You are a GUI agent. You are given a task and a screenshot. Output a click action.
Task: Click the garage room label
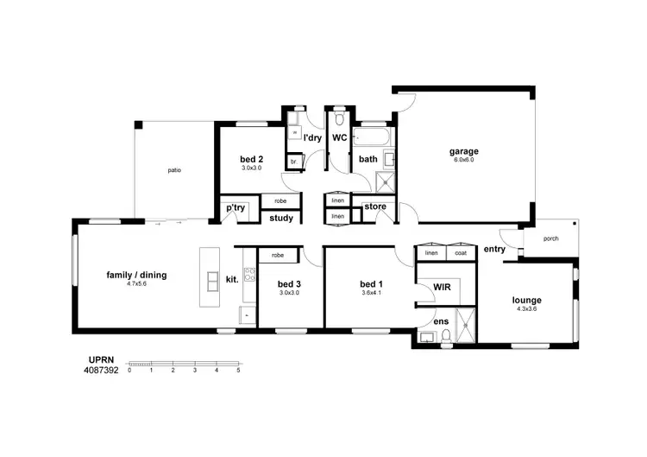(x=463, y=151)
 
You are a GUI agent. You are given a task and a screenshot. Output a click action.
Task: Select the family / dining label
(x=136, y=276)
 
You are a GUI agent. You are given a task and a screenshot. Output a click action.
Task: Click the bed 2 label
(x=251, y=159)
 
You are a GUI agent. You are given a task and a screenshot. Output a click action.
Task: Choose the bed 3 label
(x=290, y=283)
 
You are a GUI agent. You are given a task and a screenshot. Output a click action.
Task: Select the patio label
(x=174, y=170)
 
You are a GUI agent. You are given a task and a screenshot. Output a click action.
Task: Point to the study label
(x=281, y=219)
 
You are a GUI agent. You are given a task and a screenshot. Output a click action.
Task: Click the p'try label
(x=235, y=208)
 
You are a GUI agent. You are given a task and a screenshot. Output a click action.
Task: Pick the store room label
(x=374, y=206)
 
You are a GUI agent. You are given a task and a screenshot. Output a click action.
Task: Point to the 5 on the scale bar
(x=238, y=370)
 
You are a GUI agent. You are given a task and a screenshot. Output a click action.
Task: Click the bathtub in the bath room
(x=367, y=137)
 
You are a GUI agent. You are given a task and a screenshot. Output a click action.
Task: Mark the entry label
(x=494, y=250)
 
